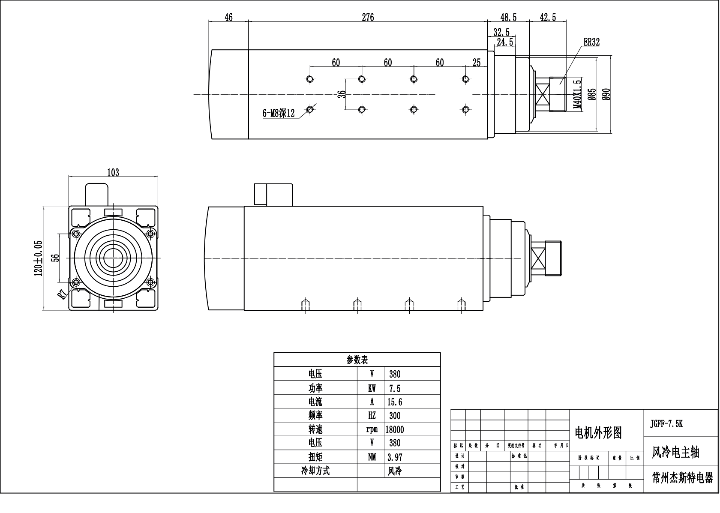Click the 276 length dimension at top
click(x=368, y=17)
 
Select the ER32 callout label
click(x=591, y=42)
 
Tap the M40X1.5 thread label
click(x=577, y=94)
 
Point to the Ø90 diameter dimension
click(x=606, y=94)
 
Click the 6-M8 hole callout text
click(x=279, y=114)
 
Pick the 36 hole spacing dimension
click(x=342, y=94)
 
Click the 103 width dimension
click(x=113, y=172)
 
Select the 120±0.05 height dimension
click(x=39, y=258)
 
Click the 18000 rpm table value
click(x=395, y=429)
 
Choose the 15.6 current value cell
click(x=395, y=402)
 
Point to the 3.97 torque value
click(x=395, y=457)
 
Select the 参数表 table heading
click(x=357, y=360)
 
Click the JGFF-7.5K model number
click(x=666, y=423)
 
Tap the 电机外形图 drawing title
click(x=598, y=433)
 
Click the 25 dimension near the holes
click(x=477, y=63)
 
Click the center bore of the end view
click(x=114, y=258)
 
